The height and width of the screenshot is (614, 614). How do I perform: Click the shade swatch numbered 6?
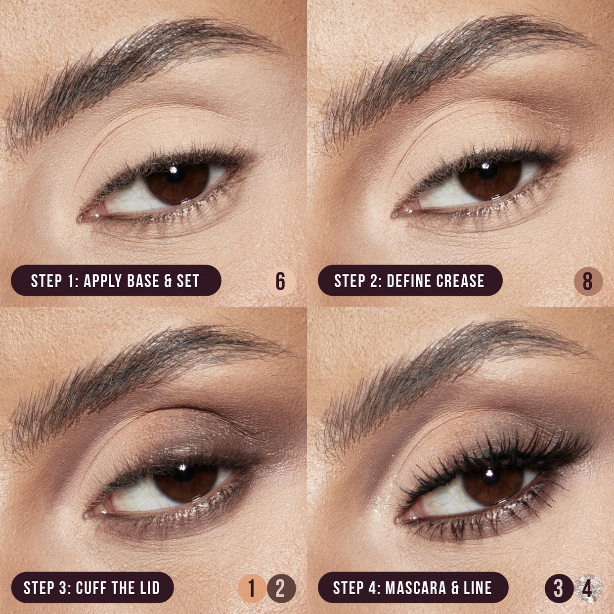pyautogui.click(x=281, y=281)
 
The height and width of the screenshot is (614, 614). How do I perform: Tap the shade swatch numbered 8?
pyautogui.click(x=588, y=281)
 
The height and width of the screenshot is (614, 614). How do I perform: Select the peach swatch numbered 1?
pyautogui.click(x=252, y=588)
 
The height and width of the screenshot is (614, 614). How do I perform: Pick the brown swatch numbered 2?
pyautogui.click(x=281, y=588)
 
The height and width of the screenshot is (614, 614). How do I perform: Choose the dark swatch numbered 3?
pyautogui.click(x=559, y=588)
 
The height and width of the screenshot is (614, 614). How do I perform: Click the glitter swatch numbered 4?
pyautogui.click(x=588, y=588)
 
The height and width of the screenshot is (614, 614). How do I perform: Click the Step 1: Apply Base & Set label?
pyautogui.click(x=116, y=281)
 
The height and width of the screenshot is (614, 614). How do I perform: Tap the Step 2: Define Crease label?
pyautogui.click(x=409, y=281)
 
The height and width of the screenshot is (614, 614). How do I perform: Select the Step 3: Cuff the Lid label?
pyautogui.click(x=92, y=588)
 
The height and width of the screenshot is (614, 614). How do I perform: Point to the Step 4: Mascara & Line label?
pyautogui.click(x=412, y=588)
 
